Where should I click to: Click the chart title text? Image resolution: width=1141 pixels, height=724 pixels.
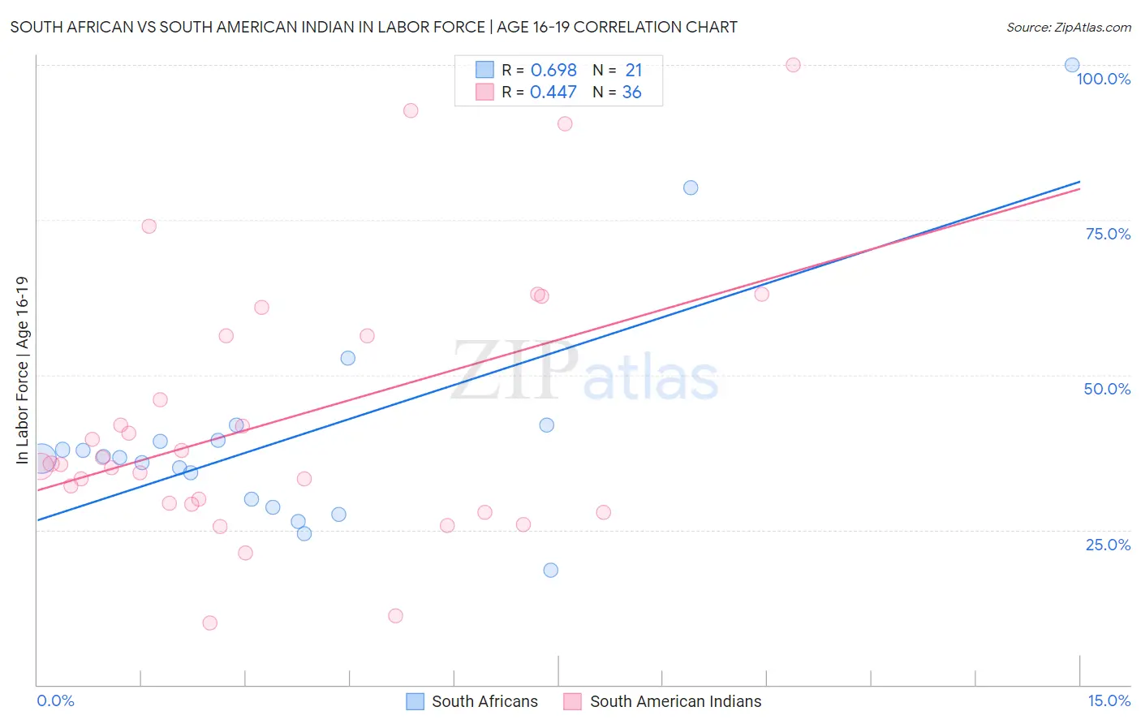tap(373, 27)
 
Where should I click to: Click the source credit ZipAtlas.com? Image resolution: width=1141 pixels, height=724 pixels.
tap(1068, 27)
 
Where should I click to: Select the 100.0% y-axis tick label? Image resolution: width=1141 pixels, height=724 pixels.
tap(1103, 79)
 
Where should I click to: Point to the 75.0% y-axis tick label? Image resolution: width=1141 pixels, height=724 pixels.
tap(1108, 234)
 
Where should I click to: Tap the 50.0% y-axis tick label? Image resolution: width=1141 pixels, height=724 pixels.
tap(1107, 389)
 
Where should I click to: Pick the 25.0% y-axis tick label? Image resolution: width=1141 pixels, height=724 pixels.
tap(1108, 545)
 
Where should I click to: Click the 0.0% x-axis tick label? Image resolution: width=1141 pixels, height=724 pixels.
tap(55, 700)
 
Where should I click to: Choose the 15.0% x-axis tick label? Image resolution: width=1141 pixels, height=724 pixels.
tap(1109, 700)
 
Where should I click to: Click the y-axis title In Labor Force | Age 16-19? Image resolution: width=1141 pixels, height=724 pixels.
tap(22, 370)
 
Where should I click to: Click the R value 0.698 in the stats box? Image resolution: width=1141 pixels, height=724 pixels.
tap(553, 71)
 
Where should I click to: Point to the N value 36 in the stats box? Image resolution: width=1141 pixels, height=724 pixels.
tap(631, 93)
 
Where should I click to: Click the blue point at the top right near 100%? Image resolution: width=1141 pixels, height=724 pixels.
tap(1072, 65)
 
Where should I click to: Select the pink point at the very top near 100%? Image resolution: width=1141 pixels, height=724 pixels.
tap(793, 65)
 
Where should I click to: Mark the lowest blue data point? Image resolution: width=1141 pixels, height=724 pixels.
tap(550, 570)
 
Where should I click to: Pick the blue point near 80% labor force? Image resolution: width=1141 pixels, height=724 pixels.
tap(691, 187)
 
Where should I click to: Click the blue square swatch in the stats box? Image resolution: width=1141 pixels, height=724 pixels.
tap(484, 70)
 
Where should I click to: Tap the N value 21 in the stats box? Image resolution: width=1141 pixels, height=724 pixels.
tap(633, 71)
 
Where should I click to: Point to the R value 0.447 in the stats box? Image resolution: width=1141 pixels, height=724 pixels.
tap(553, 93)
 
